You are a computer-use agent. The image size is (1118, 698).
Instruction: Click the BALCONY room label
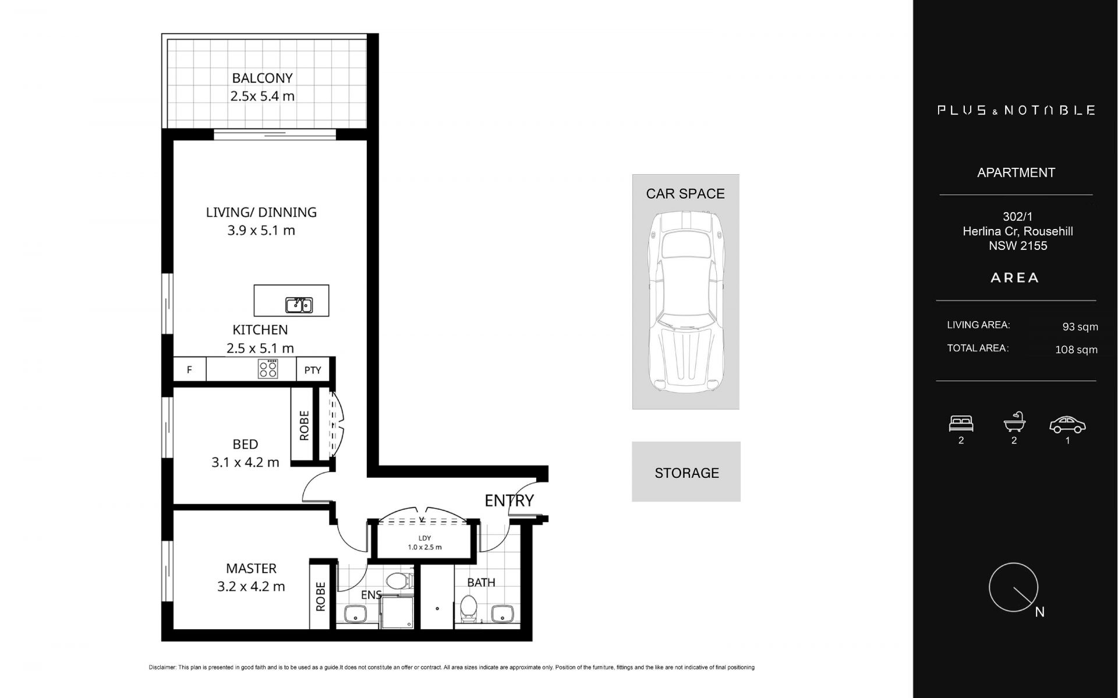click(x=262, y=78)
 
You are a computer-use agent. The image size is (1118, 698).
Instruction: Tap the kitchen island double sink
click(x=299, y=305)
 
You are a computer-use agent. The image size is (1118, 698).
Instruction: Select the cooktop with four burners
click(x=268, y=369)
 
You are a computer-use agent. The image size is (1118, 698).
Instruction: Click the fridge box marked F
click(x=189, y=369)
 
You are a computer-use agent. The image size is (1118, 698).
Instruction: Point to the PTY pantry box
click(x=313, y=369)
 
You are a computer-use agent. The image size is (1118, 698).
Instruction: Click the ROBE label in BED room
click(x=304, y=425)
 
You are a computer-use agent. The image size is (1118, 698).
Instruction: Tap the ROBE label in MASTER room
click(x=320, y=597)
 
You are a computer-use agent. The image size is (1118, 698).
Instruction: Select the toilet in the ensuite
click(x=399, y=581)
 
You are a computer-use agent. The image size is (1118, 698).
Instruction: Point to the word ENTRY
click(x=509, y=500)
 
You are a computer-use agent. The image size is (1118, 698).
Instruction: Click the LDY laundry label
click(x=424, y=538)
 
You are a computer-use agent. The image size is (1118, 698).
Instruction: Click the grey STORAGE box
click(x=686, y=472)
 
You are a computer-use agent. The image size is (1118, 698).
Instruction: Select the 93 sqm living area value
click(x=1080, y=327)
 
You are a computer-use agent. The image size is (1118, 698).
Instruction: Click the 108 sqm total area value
click(x=1076, y=350)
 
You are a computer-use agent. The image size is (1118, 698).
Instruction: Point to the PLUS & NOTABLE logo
click(x=1016, y=110)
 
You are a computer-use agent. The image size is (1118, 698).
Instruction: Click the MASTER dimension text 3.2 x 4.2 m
click(x=251, y=587)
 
